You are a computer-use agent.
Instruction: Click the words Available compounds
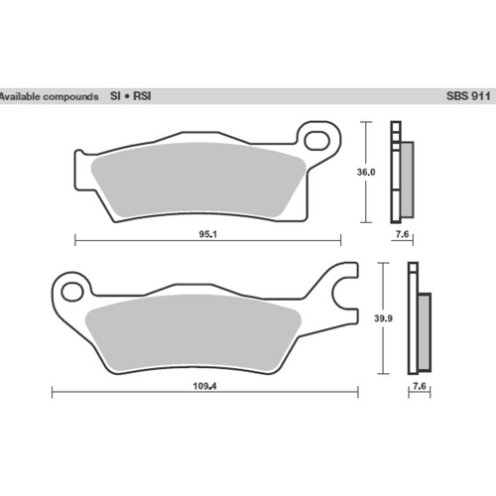[x=49, y=97]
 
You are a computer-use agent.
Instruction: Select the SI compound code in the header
[x=116, y=97]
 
